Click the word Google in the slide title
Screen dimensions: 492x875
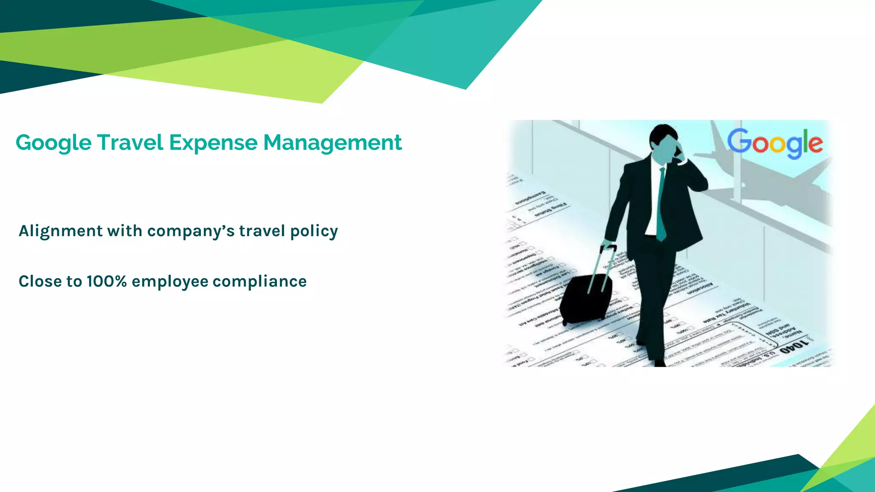[53, 143]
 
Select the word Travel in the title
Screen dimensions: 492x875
[130, 142]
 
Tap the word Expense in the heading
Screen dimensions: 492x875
[213, 142]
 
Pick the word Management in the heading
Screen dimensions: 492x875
[332, 143]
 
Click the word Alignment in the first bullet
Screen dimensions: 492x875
[61, 231]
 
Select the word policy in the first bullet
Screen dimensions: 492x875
[314, 231]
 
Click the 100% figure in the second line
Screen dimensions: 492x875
[106, 281]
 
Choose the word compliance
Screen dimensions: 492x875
[260, 281]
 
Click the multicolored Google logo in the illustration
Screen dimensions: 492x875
[775, 143]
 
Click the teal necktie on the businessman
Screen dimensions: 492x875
[661, 205]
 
